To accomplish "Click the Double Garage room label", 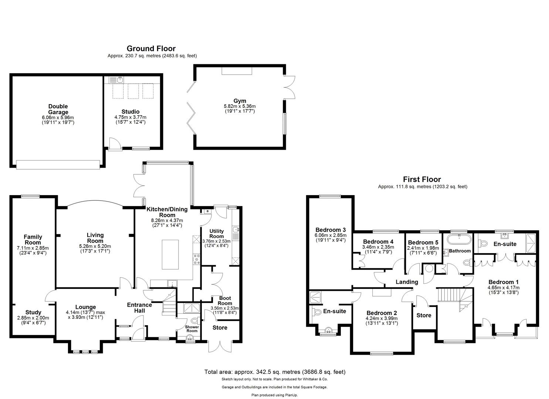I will click(x=58, y=109).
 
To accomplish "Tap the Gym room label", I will click(x=240, y=101).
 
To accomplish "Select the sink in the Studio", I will click(x=120, y=79).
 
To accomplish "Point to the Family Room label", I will click(x=33, y=239).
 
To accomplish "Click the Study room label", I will click(x=33, y=312).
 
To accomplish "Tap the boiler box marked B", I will click(x=207, y=211).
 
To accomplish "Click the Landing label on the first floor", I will click(x=407, y=282).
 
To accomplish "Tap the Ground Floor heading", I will click(x=151, y=48).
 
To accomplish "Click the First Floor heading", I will click(x=422, y=180).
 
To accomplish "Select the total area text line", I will click(x=275, y=372).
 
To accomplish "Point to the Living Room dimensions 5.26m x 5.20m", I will click(x=95, y=246).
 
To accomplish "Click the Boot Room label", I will click(x=225, y=301).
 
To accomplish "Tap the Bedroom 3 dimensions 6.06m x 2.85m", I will click(x=331, y=235).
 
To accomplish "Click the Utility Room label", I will click(x=217, y=234).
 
